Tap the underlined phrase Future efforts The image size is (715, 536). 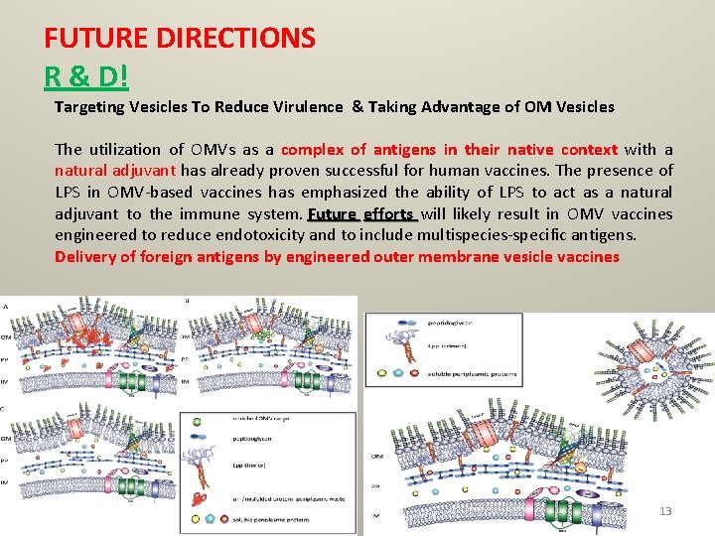(x=361, y=214)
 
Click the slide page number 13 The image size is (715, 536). (x=665, y=511)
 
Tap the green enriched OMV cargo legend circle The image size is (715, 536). (x=200, y=420)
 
